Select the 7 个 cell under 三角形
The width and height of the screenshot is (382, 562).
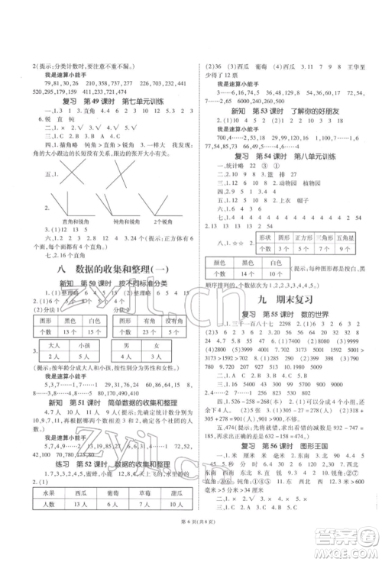(319, 248)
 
